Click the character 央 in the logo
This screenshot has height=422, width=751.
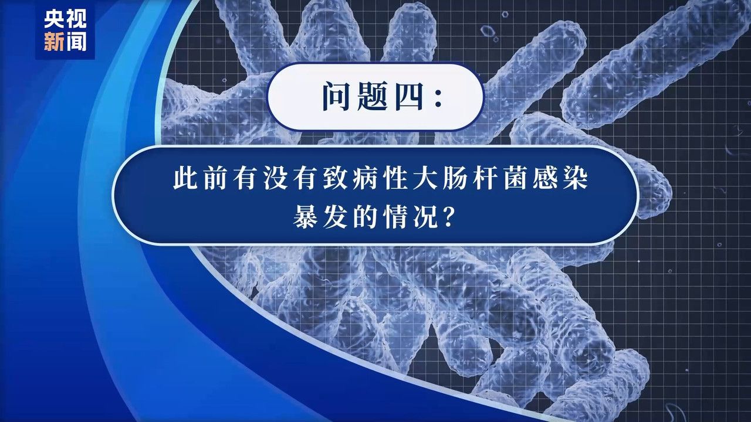pyautogui.click(x=54, y=18)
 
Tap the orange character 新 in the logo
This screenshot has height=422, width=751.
pyautogui.click(x=54, y=41)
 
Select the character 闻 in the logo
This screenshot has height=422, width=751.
pyautogui.click(x=76, y=41)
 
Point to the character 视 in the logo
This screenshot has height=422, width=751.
pyautogui.click(x=76, y=18)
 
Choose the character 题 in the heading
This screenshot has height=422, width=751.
pyautogui.click(x=372, y=96)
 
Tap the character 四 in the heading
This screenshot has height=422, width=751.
pyautogui.click(x=409, y=96)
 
